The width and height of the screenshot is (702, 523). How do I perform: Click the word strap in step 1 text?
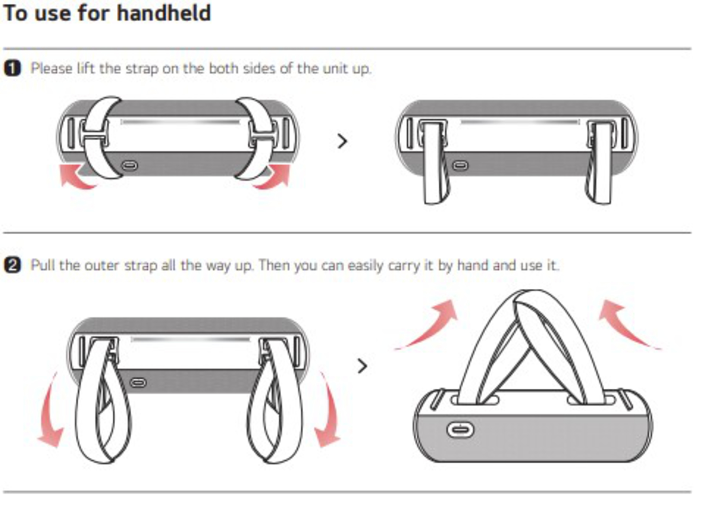click(x=142, y=69)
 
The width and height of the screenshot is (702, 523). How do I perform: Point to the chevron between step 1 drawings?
click(x=342, y=141)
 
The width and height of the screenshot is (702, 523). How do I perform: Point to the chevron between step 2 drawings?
click(x=362, y=366)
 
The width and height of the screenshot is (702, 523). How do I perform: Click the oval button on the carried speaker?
click(x=460, y=430)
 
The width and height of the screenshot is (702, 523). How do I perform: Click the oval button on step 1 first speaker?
click(x=130, y=165)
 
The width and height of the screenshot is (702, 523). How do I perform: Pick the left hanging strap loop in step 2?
click(x=103, y=402)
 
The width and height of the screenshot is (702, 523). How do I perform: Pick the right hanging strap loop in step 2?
click(x=274, y=402)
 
